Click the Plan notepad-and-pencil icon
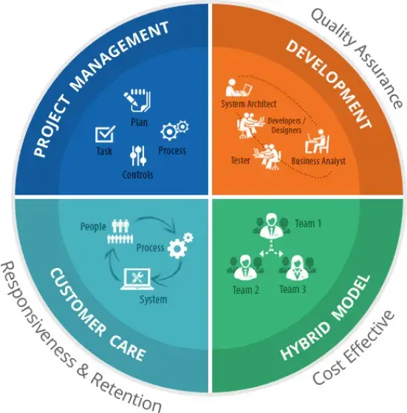pos(137,101)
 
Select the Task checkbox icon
pos(105,134)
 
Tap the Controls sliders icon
pos(138,155)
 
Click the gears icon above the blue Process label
pos(174,130)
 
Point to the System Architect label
pos(249,104)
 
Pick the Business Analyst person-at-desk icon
pos(317,141)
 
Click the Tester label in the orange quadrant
pos(240,160)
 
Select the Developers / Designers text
pos(287,125)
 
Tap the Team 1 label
pos(308,224)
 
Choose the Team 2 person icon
pos(245,267)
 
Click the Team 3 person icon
pos(297,267)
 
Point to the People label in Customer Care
pos(93,226)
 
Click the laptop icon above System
pos(137,279)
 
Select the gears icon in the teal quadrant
pos(180,245)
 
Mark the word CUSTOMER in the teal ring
pos(78,302)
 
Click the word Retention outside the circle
pos(126,393)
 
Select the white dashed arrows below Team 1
pos(271,249)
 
